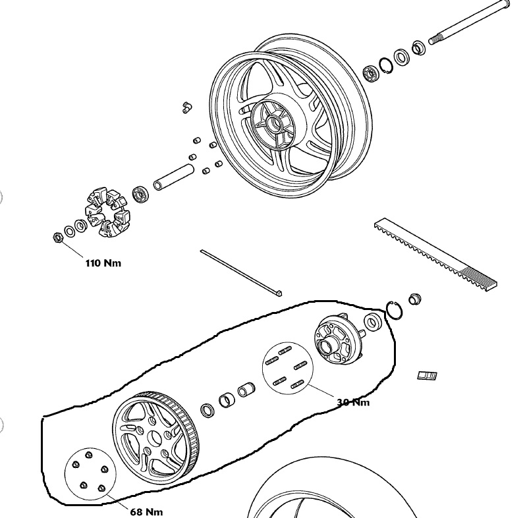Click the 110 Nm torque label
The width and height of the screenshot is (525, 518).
103,263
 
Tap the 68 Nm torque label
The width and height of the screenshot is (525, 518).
146,511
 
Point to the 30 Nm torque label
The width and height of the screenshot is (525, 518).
353,402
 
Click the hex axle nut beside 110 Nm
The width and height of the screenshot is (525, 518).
58,237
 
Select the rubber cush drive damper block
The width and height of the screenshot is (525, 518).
107,212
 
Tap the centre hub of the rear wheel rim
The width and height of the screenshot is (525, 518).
273,124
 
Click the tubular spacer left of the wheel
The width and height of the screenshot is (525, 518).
174,176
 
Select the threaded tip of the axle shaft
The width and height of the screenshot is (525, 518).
434,39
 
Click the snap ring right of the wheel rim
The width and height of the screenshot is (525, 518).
386,66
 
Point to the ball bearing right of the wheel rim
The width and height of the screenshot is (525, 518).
371,74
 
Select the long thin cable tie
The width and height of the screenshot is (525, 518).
241,272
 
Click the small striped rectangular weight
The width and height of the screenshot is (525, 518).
428,376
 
